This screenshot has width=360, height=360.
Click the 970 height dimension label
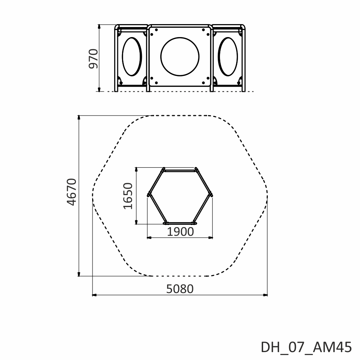click(x=94, y=59)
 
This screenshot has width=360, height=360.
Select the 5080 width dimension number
click(x=180, y=289)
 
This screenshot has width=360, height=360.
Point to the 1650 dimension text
click(x=128, y=196)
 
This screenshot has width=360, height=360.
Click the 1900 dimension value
click(x=180, y=232)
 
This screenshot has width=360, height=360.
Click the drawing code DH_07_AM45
click(x=306, y=347)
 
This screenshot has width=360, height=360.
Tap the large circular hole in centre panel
click(x=180, y=57)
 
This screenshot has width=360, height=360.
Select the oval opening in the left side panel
click(x=132, y=57)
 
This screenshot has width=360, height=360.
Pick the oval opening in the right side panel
click(x=228, y=57)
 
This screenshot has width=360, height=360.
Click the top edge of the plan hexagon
click(x=180, y=170)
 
